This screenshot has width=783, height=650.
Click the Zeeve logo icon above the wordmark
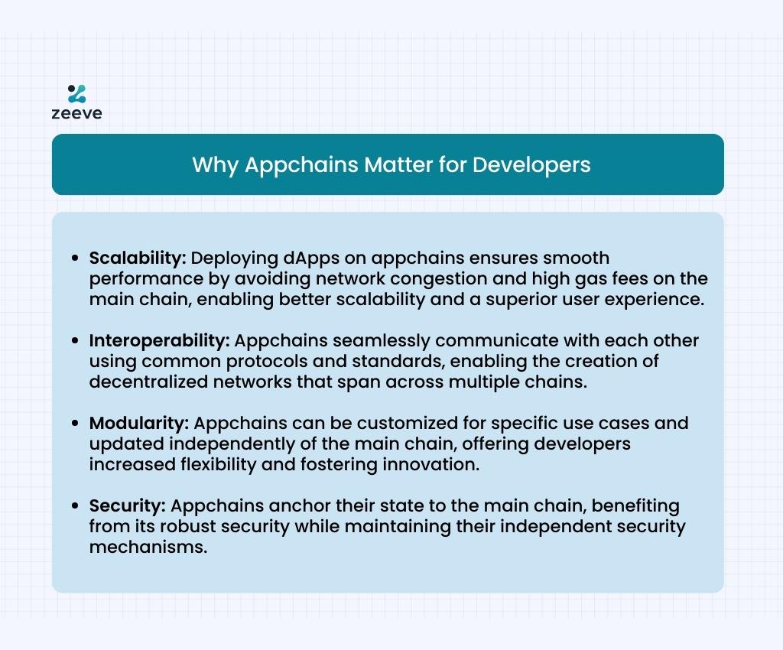[77, 94]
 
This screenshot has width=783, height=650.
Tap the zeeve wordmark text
[77, 113]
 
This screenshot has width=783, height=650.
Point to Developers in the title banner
[531, 165]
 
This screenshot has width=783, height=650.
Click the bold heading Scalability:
[138, 258]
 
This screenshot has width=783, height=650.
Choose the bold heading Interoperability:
[159, 340]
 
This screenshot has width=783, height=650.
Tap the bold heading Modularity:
[139, 424]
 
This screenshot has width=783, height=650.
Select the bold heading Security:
[128, 505]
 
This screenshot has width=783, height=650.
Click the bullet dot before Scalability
[75, 258]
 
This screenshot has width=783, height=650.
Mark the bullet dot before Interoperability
[75, 340]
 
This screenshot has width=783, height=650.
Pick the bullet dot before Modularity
[75, 424]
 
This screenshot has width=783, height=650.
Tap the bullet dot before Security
[75, 505]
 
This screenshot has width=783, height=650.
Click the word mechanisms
[148, 548]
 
